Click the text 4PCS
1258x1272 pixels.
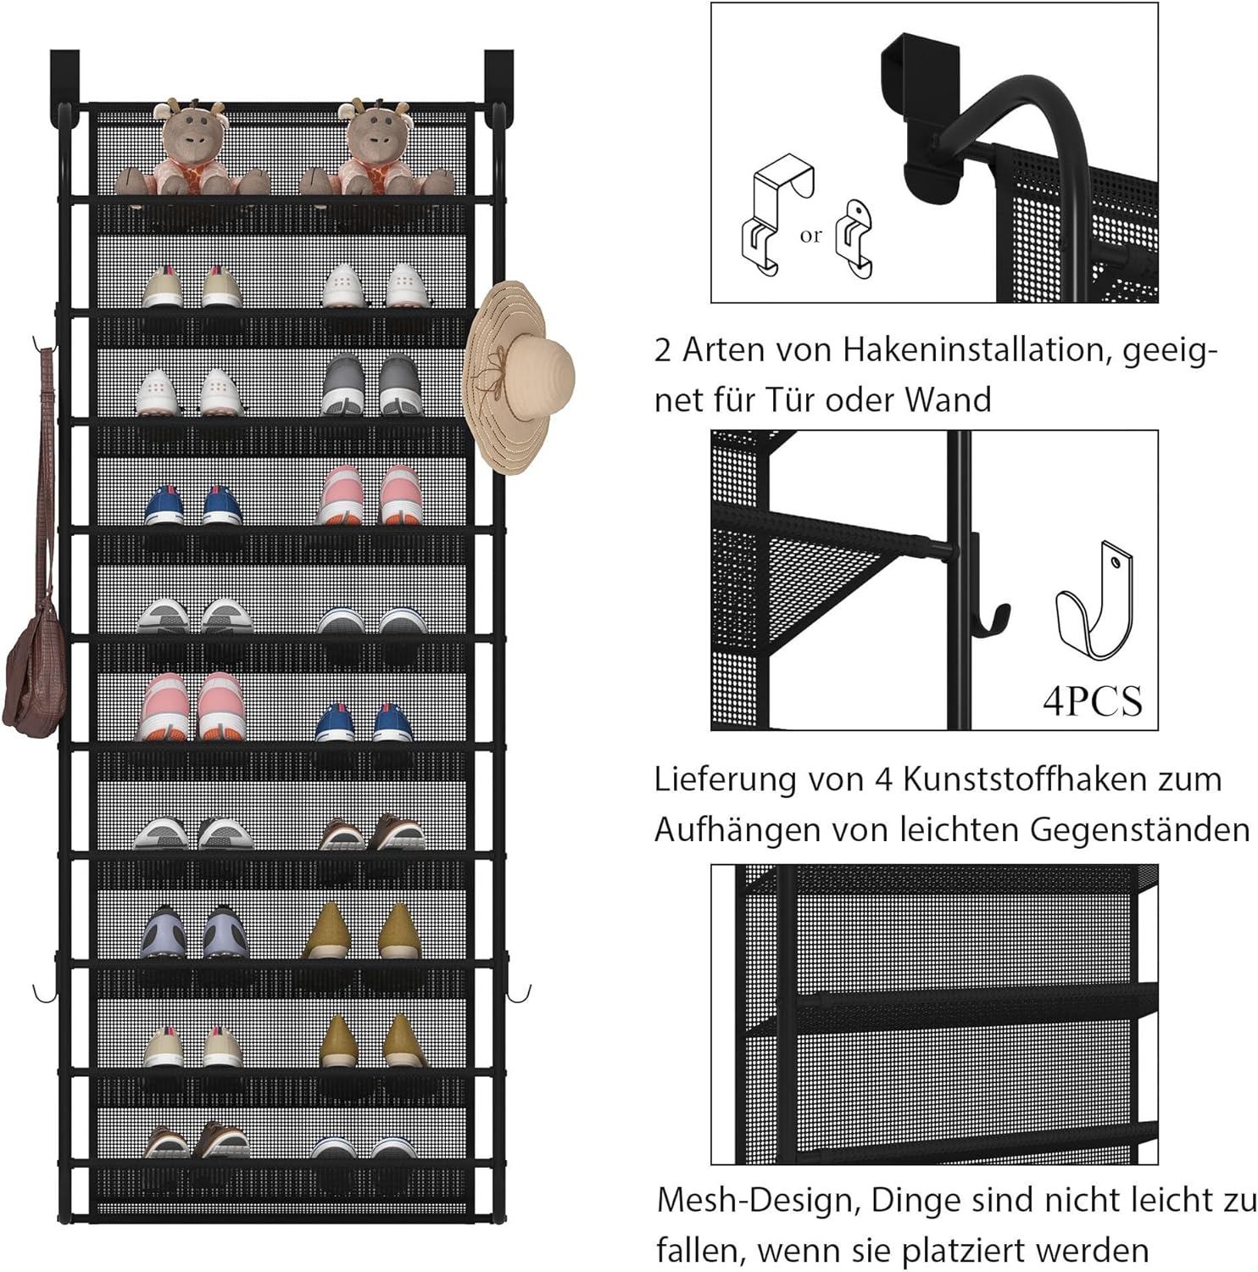1092,701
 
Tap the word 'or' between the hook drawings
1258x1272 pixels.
810,236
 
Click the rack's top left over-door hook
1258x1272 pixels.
64,76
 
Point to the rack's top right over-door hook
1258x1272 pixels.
499,76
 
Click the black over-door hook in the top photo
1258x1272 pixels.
916,119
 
